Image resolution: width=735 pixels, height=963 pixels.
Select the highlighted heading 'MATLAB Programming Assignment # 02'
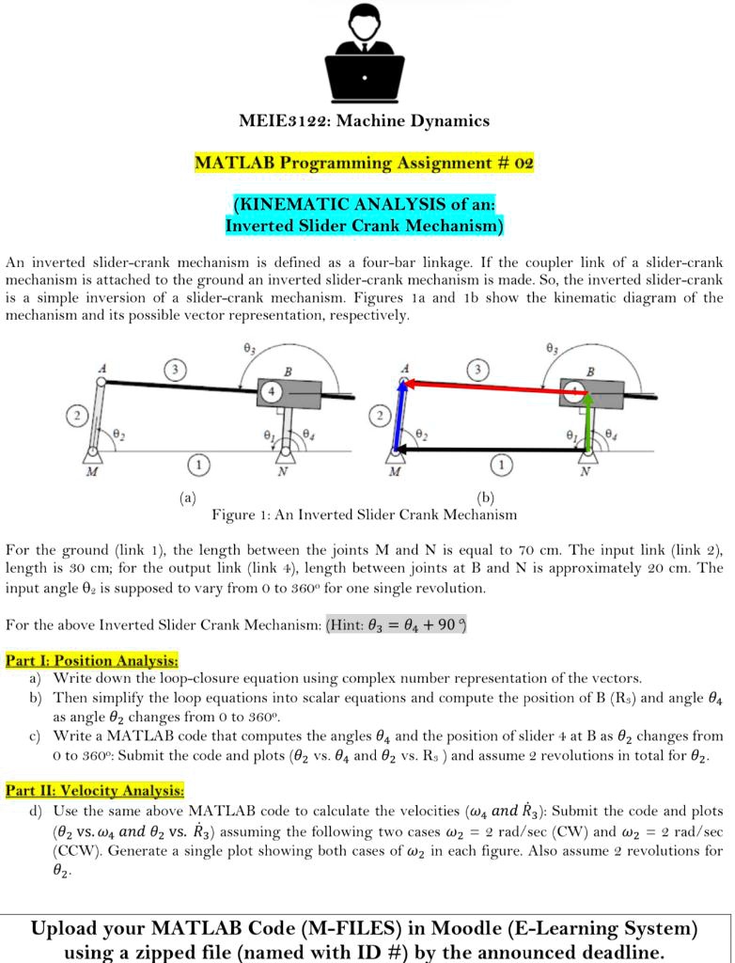click(x=364, y=163)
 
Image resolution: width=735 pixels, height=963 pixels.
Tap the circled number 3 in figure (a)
click(x=173, y=368)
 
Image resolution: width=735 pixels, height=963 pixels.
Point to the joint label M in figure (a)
click(x=91, y=472)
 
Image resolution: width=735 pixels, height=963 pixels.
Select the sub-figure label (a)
click(x=187, y=497)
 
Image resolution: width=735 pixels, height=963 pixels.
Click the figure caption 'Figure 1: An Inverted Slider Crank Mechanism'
click(x=364, y=514)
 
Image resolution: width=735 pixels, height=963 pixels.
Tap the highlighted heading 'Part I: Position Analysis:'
click(x=91, y=660)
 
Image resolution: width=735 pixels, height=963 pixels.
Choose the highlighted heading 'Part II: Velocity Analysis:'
click(x=95, y=791)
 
